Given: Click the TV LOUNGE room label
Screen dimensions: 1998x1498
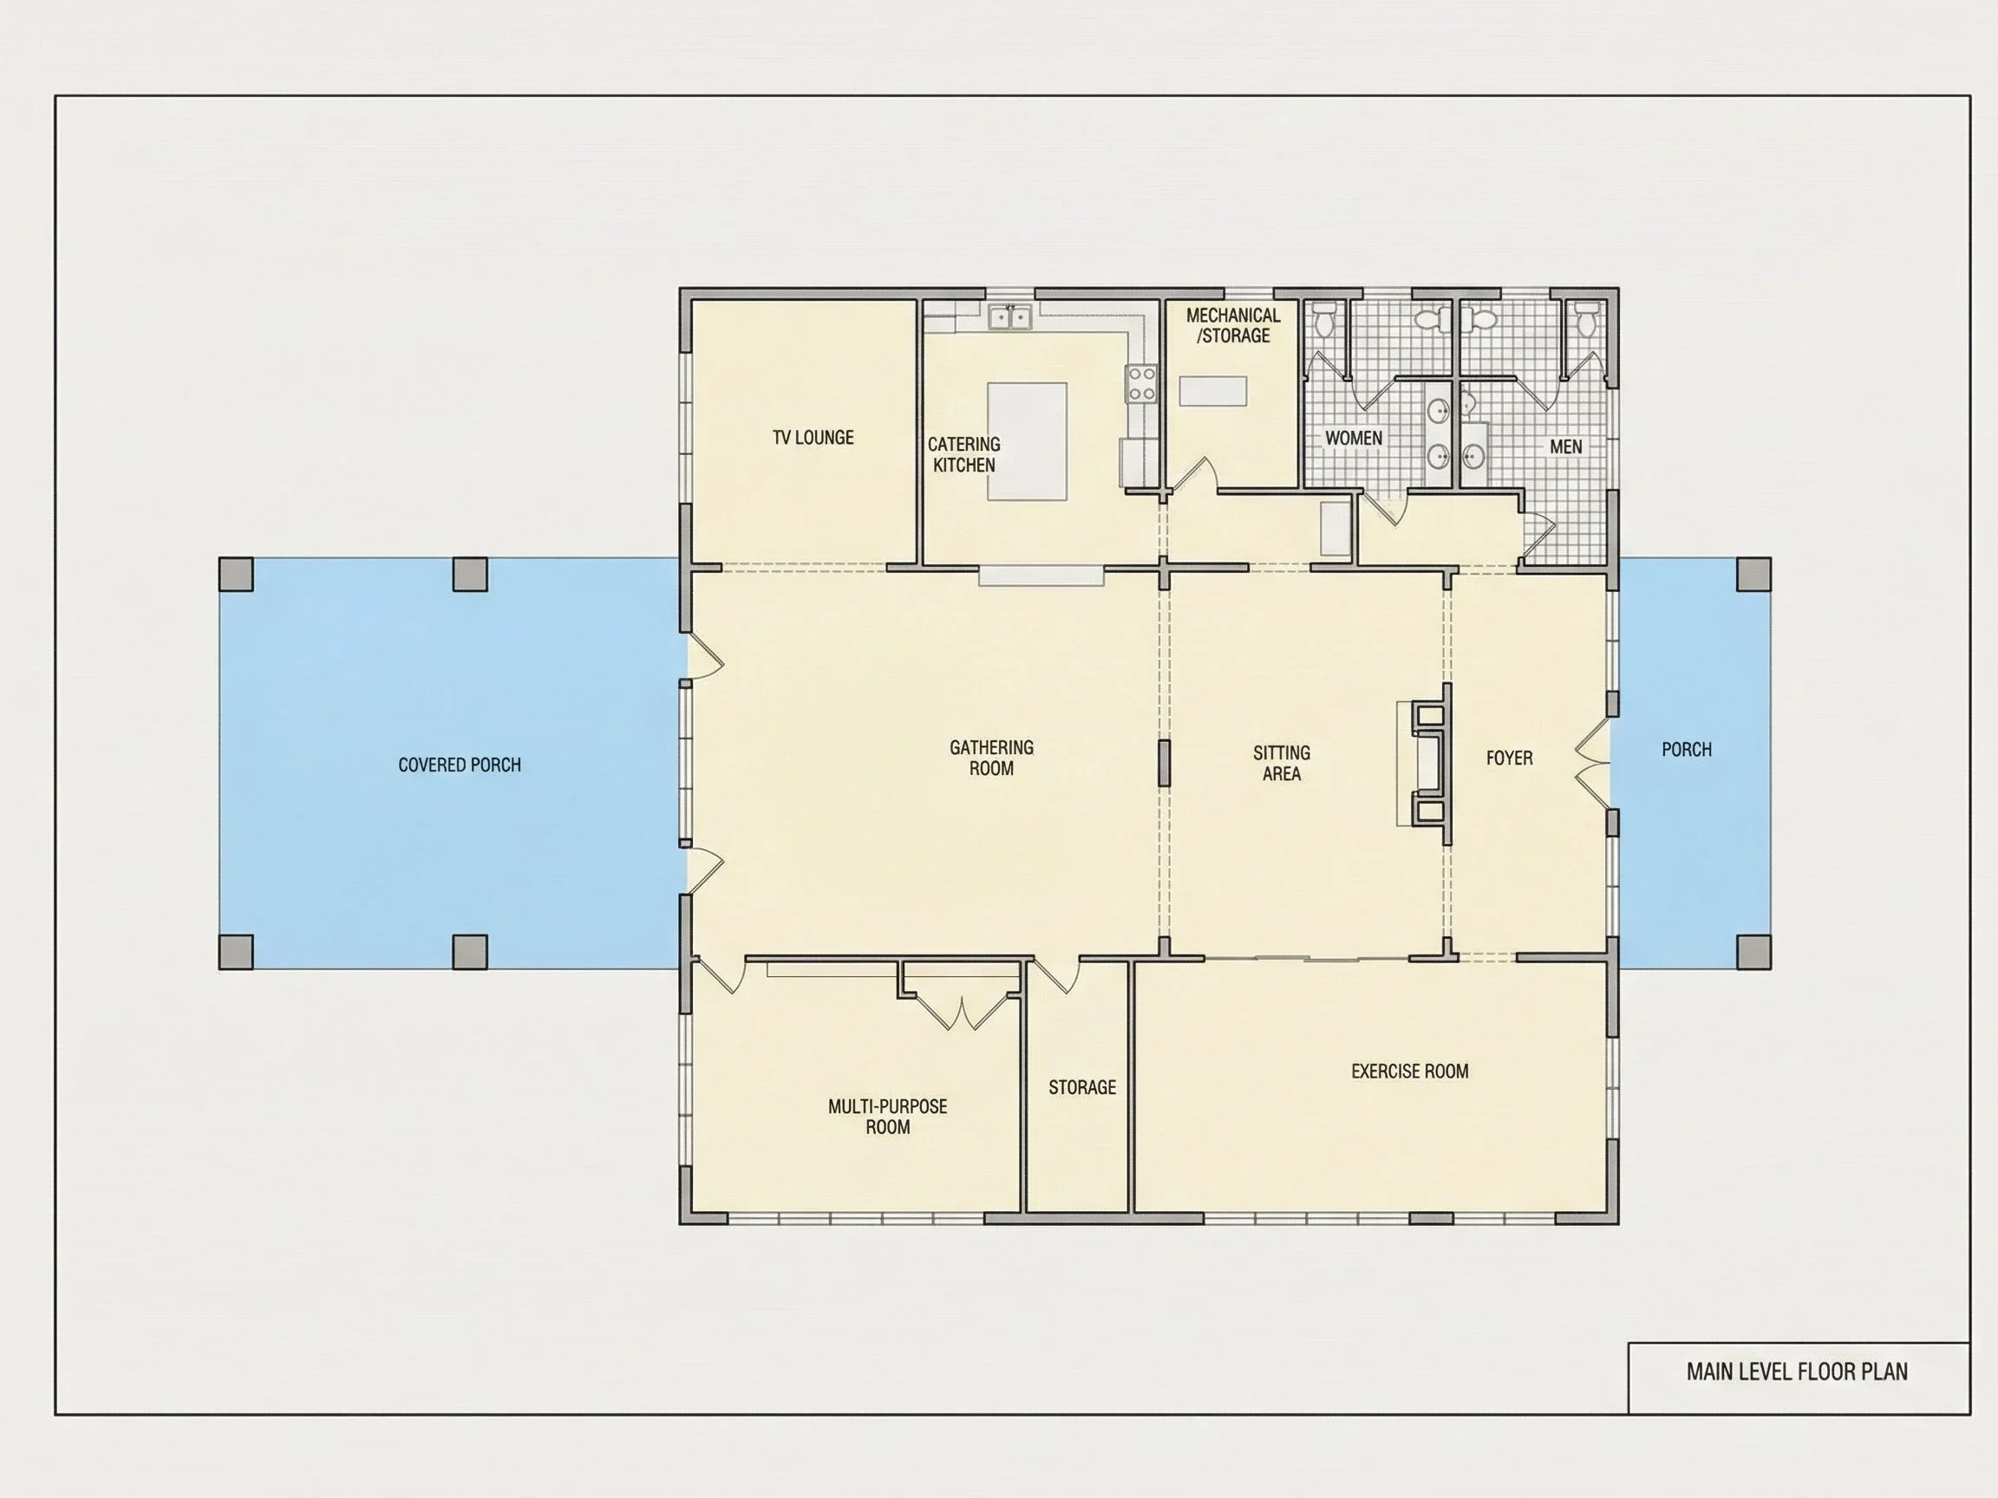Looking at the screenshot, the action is (x=813, y=438).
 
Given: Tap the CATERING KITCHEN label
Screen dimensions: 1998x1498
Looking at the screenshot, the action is (x=963, y=454).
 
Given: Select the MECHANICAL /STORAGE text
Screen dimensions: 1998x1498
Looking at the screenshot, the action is (x=1233, y=325).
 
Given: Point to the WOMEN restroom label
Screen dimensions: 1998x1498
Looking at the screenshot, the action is (x=1353, y=438).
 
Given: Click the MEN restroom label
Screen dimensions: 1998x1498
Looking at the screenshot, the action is (x=1565, y=446).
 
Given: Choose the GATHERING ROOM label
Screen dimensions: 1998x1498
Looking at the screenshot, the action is (x=991, y=758).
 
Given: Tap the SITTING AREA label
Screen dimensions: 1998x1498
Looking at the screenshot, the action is (x=1281, y=763).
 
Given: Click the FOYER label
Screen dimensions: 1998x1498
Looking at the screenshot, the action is (x=1508, y=758).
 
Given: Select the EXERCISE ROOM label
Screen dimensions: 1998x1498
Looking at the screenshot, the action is (x=1409, y=1071).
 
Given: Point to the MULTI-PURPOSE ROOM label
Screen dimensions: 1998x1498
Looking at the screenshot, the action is (x=887, y=1116).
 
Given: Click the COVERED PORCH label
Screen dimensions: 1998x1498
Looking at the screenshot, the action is (x=459, y=765).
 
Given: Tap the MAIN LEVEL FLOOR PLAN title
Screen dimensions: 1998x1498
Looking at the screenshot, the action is (x=1797, y=1371).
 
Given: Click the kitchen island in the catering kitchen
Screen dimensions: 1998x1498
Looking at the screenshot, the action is (x=1027, y=440).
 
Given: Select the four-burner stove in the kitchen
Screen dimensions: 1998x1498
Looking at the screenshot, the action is (x=1142, y=384).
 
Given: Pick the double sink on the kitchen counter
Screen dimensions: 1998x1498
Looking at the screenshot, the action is (x=1009, y=317).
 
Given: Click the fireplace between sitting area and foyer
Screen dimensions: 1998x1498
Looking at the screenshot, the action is (x=1427, y=764).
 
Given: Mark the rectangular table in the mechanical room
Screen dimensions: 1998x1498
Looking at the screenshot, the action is (x=1213, y=391).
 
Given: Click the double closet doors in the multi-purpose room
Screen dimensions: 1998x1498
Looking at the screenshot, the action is (x=962, y=1012).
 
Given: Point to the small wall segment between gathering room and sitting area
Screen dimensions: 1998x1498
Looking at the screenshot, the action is (x=1165, y=763).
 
